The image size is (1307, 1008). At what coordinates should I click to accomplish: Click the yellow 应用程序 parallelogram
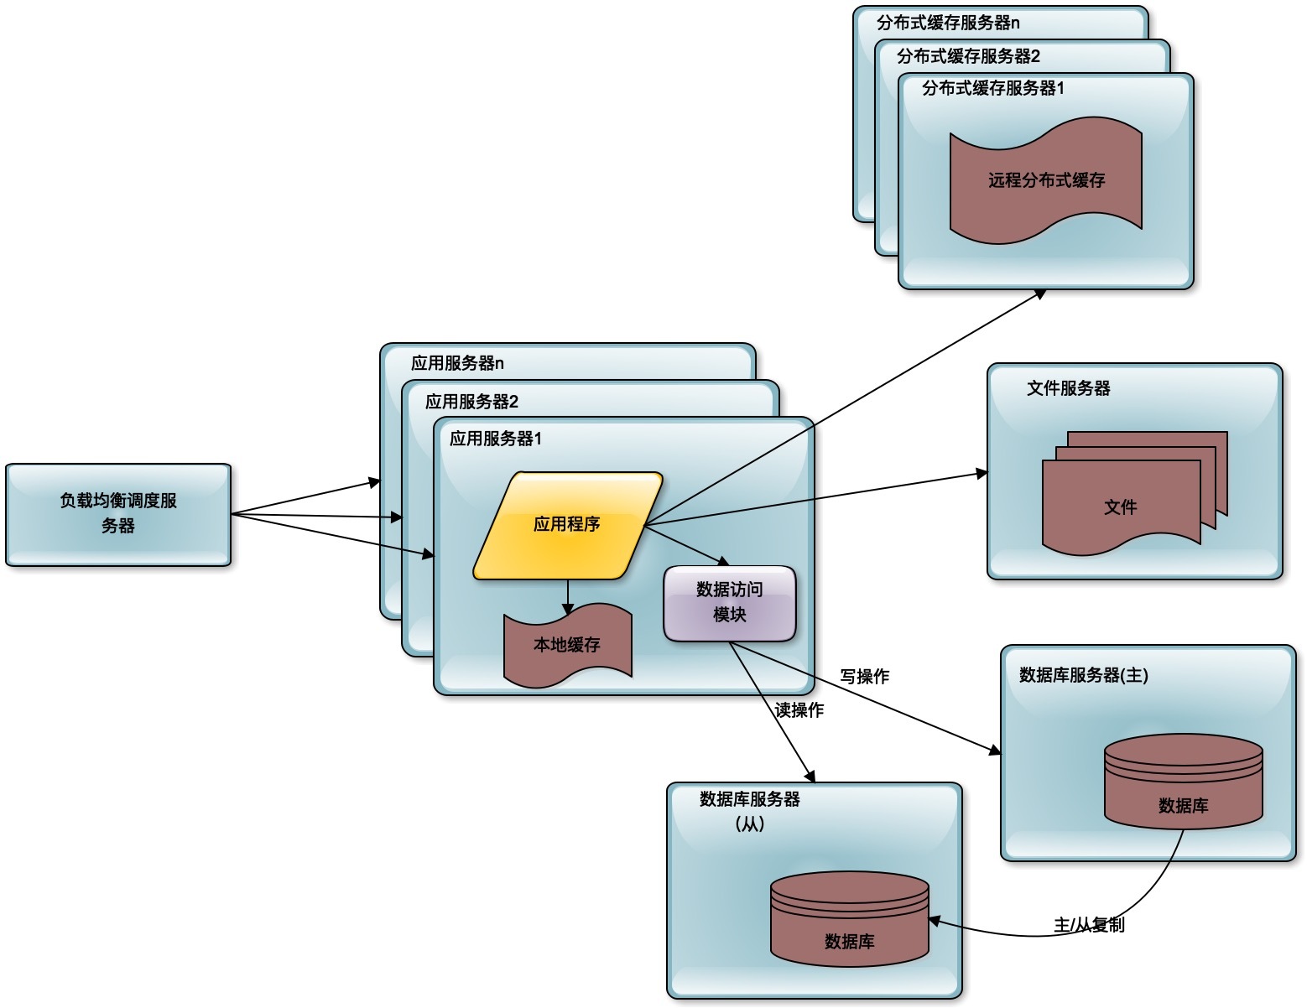pyautogui.click(x=567, y=525)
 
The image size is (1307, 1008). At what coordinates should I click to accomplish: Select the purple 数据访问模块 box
pyautogui.click(x=729, y=603)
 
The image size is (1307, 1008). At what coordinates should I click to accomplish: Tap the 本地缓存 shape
pyautogui.click(x=567, y=645)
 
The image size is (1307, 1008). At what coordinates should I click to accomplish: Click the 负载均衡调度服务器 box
pyautogui.click(x=118, y=514)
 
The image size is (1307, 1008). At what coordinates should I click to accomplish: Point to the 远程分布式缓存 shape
pyautogui.click(x=1045, y=181)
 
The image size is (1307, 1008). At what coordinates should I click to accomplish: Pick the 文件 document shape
pyautogui.click(x=1121, y=507)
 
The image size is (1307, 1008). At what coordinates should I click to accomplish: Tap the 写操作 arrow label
pyautogui.click(x=865, y=676)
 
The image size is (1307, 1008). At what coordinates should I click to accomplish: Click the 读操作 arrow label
pyautogui.click(x=799, y=710)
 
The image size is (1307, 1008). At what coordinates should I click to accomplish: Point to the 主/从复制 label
pyautogui.click(x=1089, y=925)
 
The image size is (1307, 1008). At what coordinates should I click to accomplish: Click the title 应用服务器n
pyautogui.click(x=457, y=363)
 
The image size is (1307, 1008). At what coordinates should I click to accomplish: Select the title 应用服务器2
pyautogui.click(x=471, y=402)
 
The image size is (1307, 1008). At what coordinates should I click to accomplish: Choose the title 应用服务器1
pyautogui.click(x=496, y=439)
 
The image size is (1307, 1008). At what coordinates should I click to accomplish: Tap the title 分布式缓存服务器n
pyautogui.click(x=948, y=23)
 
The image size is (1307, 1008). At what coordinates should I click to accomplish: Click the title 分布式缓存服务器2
pyautogui.click(x=968, y=56)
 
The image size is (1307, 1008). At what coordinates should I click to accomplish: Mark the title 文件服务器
pyautogui.click(x=1068, y=388)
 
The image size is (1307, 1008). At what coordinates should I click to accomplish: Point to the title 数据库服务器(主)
pyautogui.click(x=1083, y=675)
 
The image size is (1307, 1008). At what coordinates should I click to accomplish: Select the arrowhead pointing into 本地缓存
pyautogui.click(x=568, y=610)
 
